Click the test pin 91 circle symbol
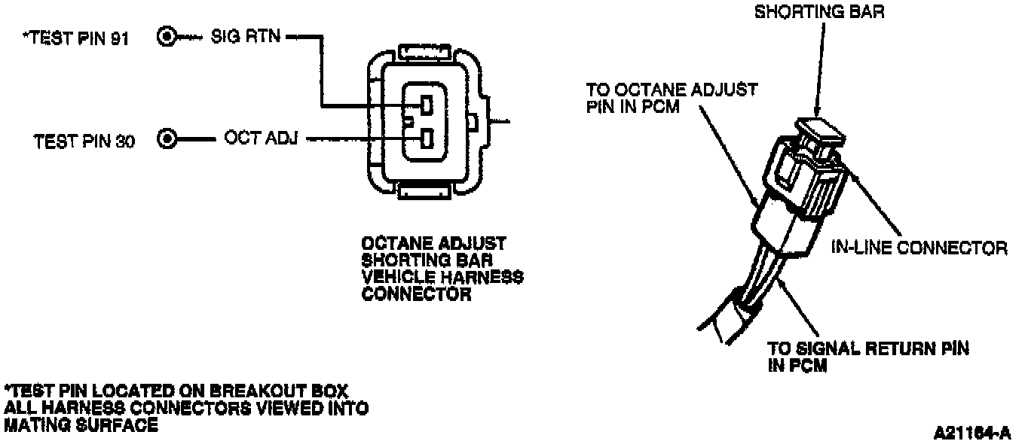(x=167, y=35)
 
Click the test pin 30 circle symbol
(x=168, y=138)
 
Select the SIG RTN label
(x=245, y=35)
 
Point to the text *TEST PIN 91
(x=76, y=38)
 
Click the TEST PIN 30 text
(x=84, y=141)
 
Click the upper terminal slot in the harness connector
(x=426, y=105)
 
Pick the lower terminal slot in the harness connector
(x=426, y=138)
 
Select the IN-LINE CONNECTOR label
(x=919, y=247)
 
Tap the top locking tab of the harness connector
(x=426, y=53)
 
